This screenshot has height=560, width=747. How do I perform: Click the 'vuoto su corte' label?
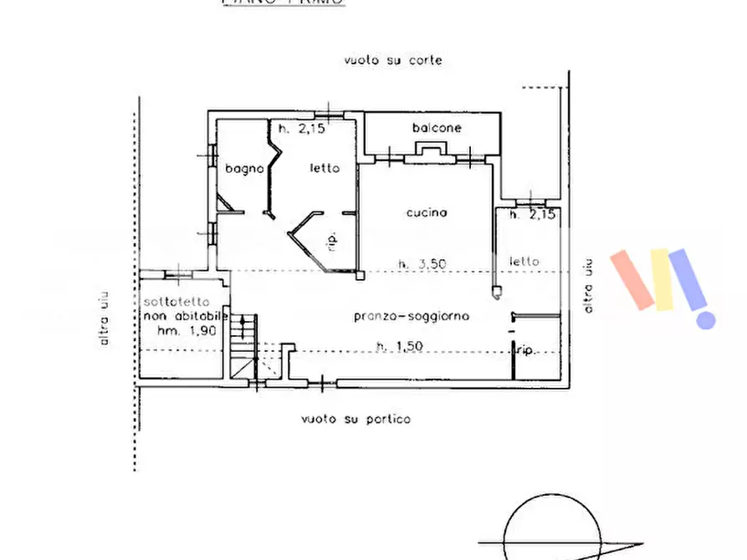coord(391,60)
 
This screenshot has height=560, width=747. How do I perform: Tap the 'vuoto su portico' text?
coord(357,419)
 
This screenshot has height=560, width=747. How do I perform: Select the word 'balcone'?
coord(436,128)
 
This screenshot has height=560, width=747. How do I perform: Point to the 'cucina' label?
coord(427,212)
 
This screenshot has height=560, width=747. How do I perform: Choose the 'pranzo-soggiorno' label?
coord(412,316)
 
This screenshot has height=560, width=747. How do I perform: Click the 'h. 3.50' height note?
coord(422,263)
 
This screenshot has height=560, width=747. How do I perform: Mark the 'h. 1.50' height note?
coord(399,345)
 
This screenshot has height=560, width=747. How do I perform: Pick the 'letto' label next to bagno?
coord(325,168)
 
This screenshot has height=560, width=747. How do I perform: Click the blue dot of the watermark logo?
coord(707,318)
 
